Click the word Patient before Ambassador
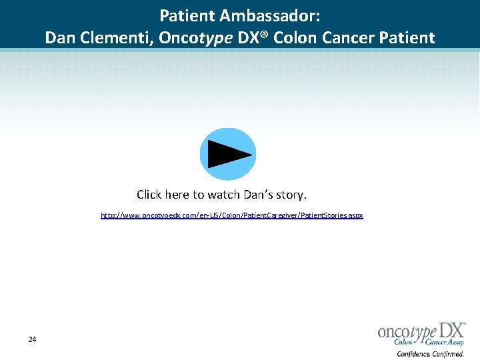tap(187, 15)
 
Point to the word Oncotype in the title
tap(197, 38)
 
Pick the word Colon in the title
tap(295, 38)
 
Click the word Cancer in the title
tap(349, 38)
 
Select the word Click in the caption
tap(149, 195)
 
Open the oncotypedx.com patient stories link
tap(232, 216)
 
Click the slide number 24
tap(32, 340)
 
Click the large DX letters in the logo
tap(451, 331)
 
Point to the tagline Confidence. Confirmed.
tap(430, 354)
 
